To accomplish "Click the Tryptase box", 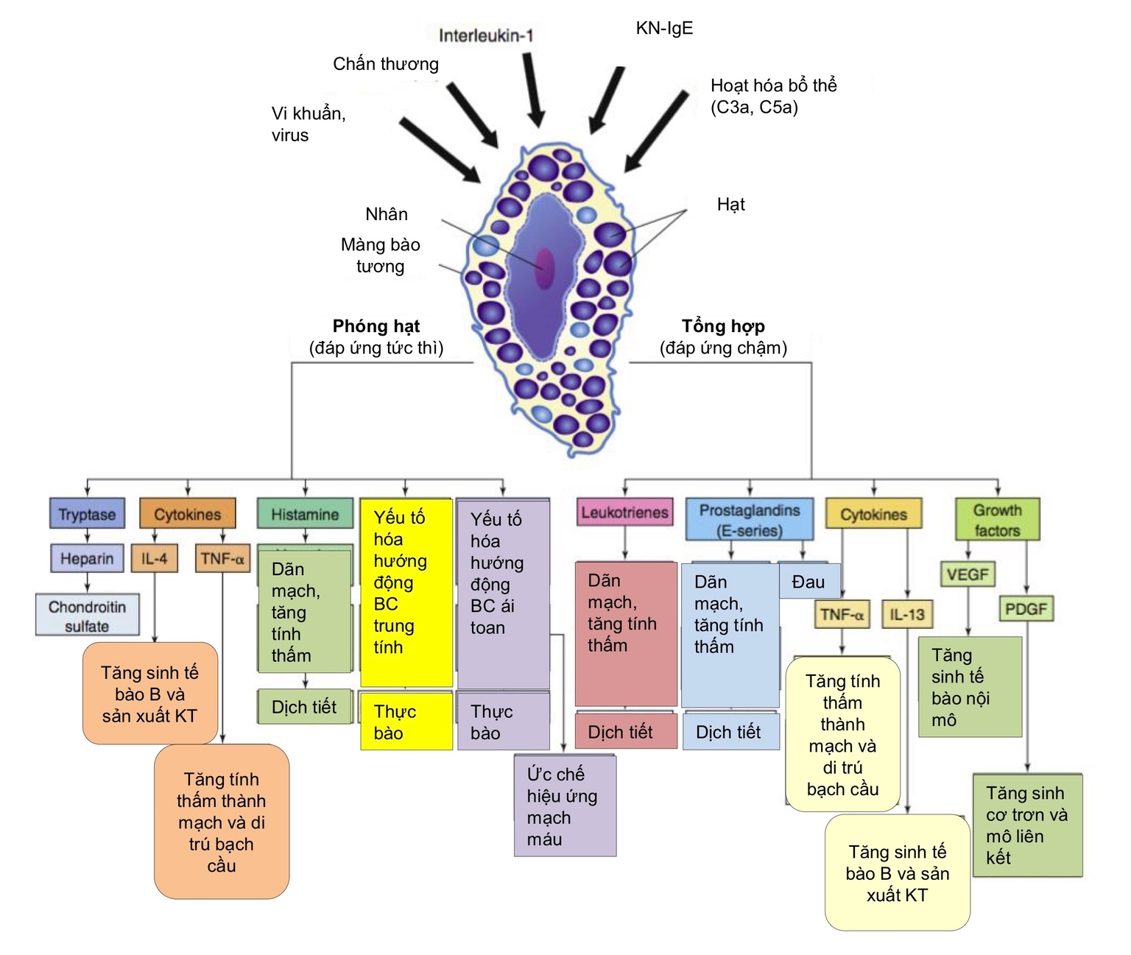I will (x=87, y=514).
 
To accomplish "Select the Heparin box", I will (x=87, y=558).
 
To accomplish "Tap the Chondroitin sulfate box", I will (x=87, y=616).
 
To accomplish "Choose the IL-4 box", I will (x=155, y=558).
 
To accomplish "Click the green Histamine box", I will (x=305, y=514).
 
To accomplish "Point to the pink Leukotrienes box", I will (x=624, y=512).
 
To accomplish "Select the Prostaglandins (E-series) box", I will (x=750, y=520).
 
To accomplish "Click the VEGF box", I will (x=968, y=574).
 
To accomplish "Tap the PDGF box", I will (x=1026, y=609).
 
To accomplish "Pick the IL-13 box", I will (x=907, y=614).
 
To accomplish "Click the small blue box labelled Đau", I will (x=808, y=582).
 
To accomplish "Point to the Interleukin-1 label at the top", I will (x=486, y=35).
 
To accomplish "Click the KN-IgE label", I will (x=664, y=29).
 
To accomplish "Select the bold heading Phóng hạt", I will (x=376, y=326).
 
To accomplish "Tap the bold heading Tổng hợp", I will (x=723, y=326).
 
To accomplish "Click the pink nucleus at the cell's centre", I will (x=544, y=268).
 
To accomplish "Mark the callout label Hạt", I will (x=730, y=205).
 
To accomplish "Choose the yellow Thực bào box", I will (x=406, y=722).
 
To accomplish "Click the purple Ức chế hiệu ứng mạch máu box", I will (x=565, y=806).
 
